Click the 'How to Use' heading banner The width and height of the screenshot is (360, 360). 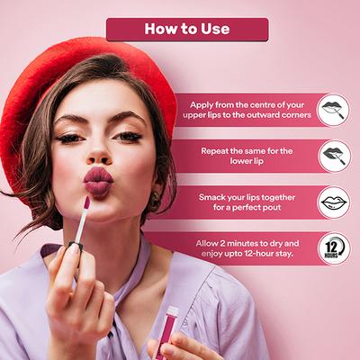[187, 30]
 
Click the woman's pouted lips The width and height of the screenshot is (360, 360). [98, 183]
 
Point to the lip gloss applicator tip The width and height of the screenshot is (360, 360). [86, 202]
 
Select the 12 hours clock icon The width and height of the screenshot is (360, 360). [334, 248]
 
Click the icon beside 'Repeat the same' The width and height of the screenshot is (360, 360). [334, 157]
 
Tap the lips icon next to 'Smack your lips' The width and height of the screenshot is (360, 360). [334, 202]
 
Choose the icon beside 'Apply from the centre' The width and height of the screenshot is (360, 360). [334, 110]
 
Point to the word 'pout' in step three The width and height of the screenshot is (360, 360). [272, 208]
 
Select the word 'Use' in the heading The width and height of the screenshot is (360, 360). [215, 29]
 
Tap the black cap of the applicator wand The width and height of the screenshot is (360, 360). [76, 246]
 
